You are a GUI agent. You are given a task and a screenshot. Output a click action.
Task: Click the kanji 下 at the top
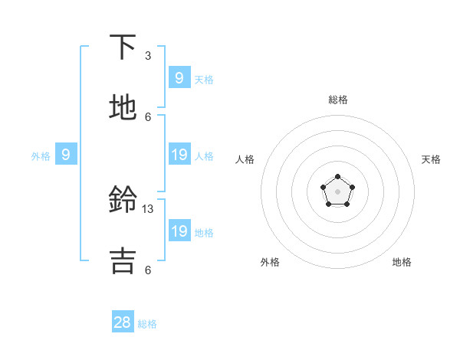(123, 47)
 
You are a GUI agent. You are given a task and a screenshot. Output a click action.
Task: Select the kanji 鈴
(123, 201)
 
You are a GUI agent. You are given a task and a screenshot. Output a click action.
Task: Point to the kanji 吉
(123, 260)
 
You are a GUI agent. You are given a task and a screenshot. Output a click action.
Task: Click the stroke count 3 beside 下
(148, 56)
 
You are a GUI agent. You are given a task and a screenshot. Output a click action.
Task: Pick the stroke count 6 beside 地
(148, 116)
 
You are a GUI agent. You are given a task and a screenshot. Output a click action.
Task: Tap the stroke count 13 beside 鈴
(149, 208)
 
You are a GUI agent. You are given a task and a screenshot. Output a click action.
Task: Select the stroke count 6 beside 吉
(148, 270)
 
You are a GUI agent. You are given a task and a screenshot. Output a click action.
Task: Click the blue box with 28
(123, 322)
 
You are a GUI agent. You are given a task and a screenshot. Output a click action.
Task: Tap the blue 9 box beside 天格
(179, 77)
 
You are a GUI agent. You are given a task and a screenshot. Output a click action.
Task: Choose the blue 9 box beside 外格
(66, 155)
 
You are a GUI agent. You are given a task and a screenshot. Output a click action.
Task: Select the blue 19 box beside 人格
(179, 155)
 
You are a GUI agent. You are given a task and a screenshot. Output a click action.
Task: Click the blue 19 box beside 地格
(179, 231)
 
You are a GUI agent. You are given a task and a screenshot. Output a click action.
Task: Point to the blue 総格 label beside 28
(148, 324)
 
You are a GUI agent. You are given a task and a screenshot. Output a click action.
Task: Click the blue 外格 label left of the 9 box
(41, 156)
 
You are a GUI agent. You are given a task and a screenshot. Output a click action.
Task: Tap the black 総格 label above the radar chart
(337, 100)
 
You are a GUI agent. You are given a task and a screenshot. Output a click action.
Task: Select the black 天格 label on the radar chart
(431, 159)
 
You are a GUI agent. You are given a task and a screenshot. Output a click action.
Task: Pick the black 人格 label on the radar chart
(245, 159)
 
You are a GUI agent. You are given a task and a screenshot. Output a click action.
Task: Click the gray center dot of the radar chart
(337, 191)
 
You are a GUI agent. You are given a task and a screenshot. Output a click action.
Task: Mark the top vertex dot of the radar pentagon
(337, 177)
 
